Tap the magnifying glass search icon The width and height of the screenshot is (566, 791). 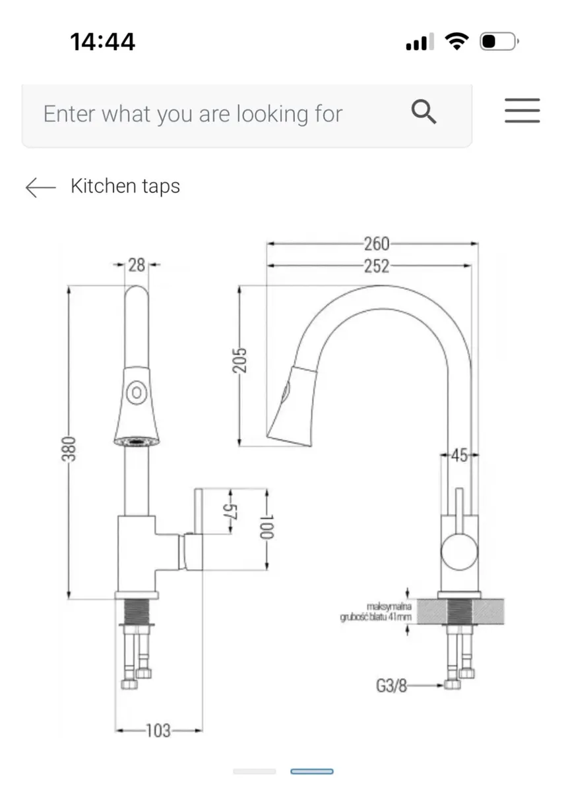pos(424,113)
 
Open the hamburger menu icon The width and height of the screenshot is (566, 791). pos(522,111)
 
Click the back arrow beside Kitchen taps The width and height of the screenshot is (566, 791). pos(40,187)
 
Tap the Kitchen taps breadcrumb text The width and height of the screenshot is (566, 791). pos(125,187)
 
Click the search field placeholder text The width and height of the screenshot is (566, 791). pos(193,114)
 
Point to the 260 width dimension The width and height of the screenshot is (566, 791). pos(376,244)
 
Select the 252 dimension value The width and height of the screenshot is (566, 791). pos(376,266)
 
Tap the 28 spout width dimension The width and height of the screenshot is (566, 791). pos(137,265)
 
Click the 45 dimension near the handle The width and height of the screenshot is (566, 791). pos(460,455)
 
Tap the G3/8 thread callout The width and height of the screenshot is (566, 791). pos(391,686)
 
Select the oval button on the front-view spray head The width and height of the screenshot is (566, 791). pos(137,393)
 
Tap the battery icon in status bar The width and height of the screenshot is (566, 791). pos(497,43)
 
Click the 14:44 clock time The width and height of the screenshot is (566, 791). pos(102,42)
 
